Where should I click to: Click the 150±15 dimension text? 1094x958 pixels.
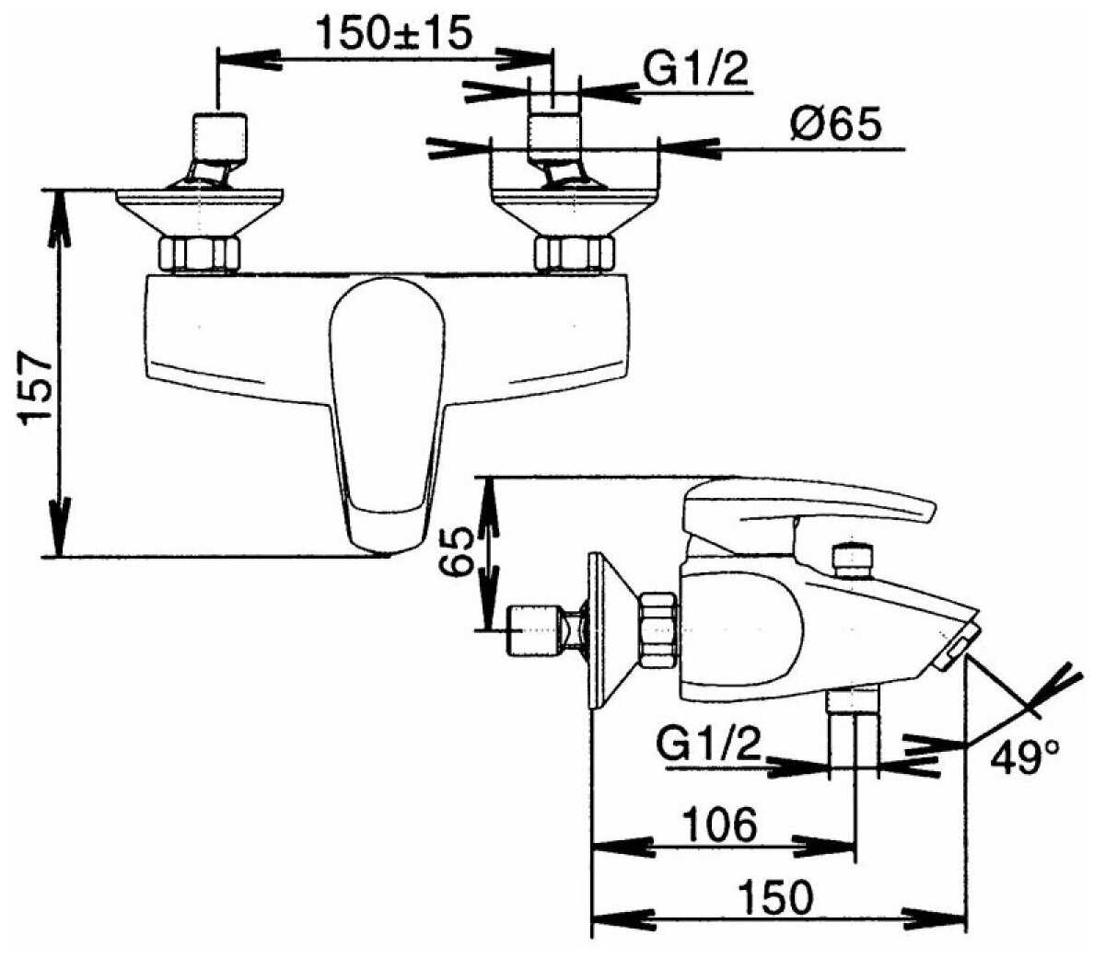[394, 33]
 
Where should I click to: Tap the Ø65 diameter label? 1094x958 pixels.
[836, 125]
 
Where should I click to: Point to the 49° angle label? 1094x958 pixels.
[1025, 758]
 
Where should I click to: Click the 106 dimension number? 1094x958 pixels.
[719, 825]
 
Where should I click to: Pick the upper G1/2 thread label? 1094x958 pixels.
[695, 71]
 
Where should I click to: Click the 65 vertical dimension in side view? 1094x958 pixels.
[458, 551]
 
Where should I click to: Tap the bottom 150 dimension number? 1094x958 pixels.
[775, 896]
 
